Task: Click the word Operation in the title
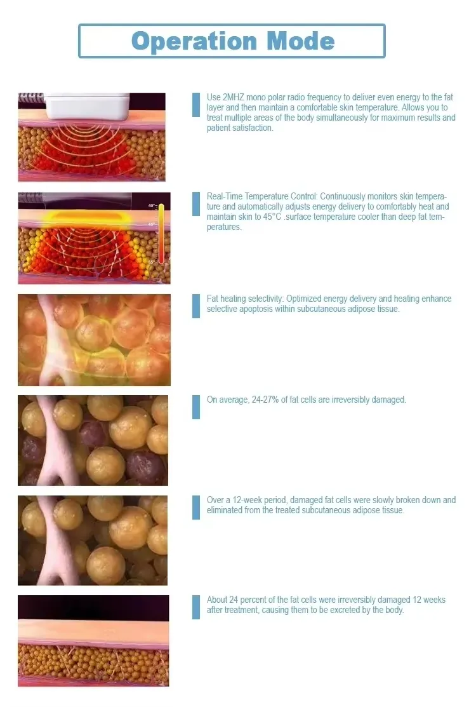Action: pos(194,42)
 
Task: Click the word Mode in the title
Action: pos(301,41)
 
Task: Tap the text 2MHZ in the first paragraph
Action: pos(234,97)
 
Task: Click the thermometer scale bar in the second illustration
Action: pos(161,234)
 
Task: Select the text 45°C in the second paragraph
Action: pos(272,217)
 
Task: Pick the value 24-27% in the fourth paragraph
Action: pos(265,400)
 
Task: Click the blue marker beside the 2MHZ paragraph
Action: pos(196,105)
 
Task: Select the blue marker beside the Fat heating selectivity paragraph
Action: pos(196,306)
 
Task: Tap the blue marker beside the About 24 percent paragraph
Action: pos(196,607)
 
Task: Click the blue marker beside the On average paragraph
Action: pos(196,407)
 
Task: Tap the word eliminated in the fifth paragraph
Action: pos(224,511)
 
